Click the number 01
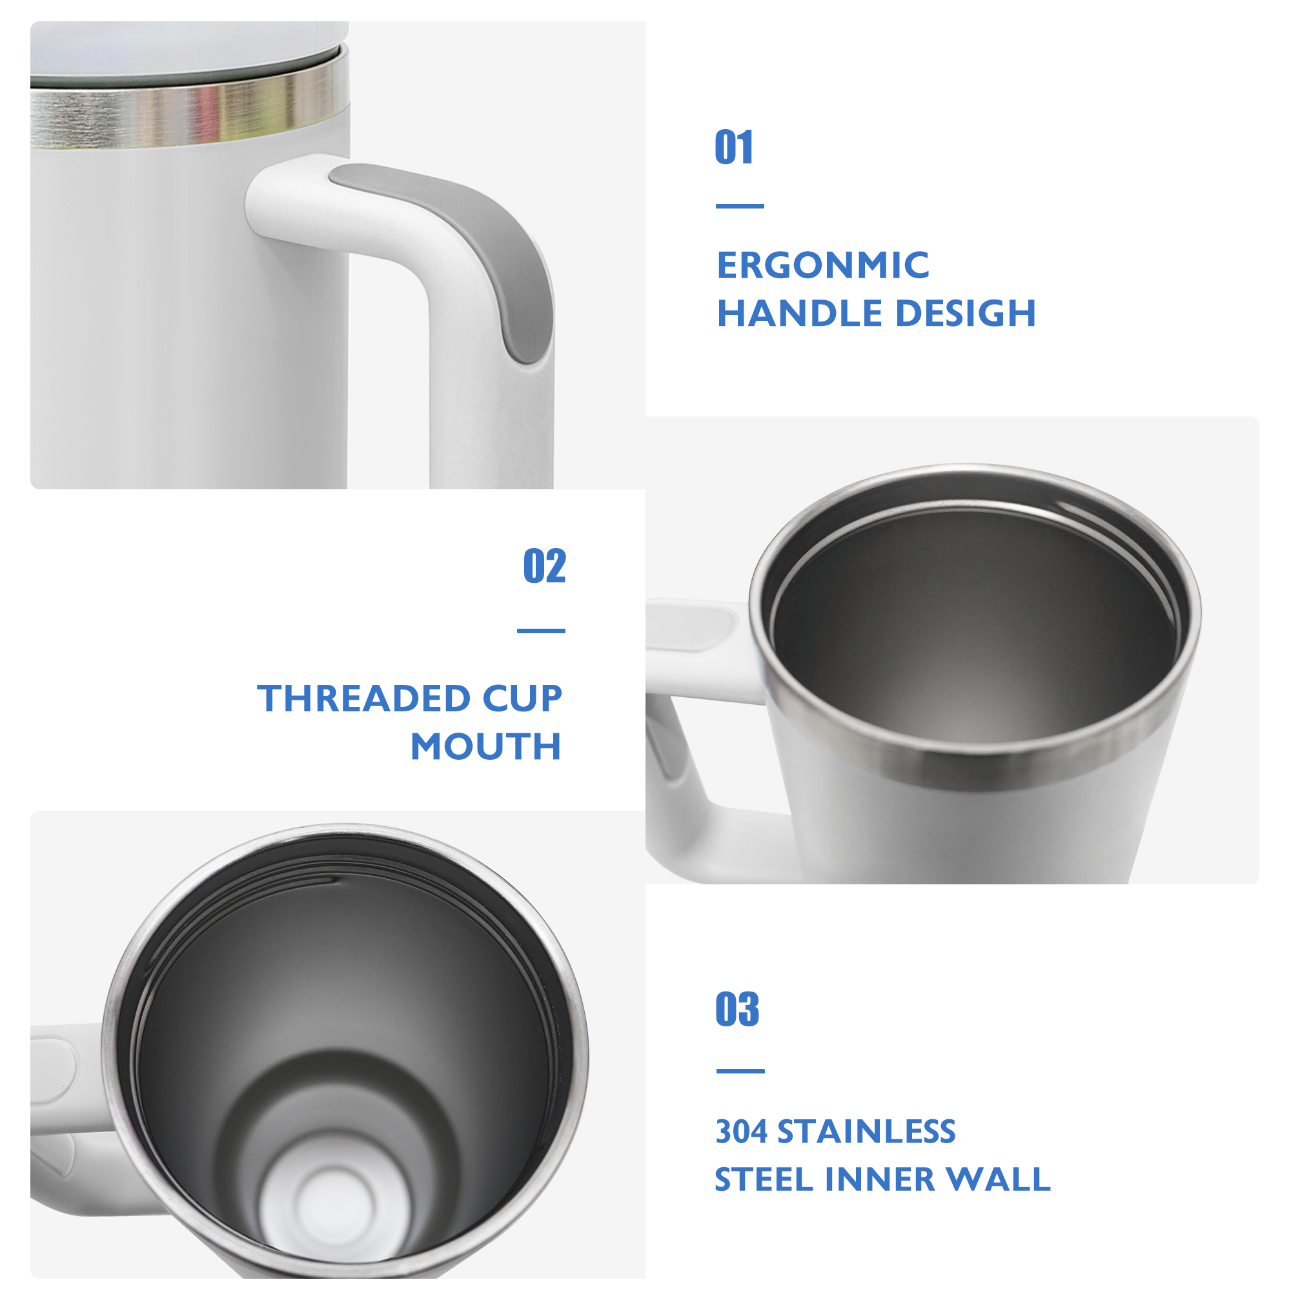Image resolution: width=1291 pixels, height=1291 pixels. (x=734, y=147)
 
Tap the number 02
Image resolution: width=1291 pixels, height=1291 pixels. (x=545, y=566)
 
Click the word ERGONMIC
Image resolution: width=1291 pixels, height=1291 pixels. (x=822, y=265)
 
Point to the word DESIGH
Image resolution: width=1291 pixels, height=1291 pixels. (x=966, y=314)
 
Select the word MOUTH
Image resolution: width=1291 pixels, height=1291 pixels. (x=486, y=746)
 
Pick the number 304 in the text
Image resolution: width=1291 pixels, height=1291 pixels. (x=741, y=1132)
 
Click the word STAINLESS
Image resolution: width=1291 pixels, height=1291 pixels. (x=867, y=1132)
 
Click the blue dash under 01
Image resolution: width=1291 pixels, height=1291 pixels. (x=740, y=207)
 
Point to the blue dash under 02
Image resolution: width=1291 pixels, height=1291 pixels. (x=542, y=631)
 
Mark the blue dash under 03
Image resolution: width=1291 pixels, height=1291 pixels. (x=740, y=1071)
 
